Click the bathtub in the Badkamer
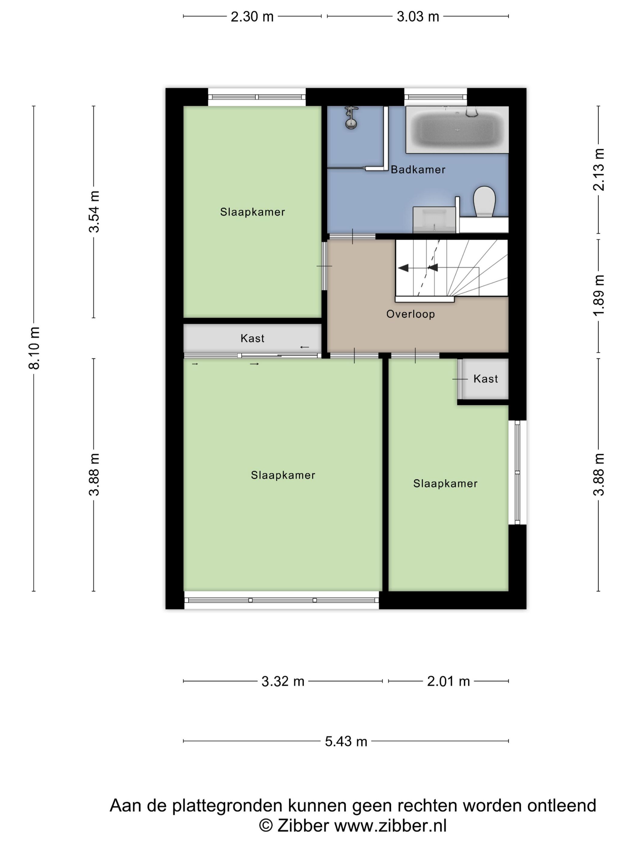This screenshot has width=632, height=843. click(457, 129)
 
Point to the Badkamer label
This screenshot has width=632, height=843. click(418, 170)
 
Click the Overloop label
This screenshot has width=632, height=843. click(410, 314)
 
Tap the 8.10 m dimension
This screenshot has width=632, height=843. click(34, 348)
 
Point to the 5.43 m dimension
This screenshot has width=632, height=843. click(346, 741)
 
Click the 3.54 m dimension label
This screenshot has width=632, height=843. click(94, 212)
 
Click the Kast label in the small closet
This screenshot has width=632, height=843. click(485, 379)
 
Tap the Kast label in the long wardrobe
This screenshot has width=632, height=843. click(252, 338)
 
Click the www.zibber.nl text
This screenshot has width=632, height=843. click(390, 826)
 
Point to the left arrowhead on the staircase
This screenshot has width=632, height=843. click(403, 268)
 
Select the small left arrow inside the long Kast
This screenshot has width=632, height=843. click(304, 347)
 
